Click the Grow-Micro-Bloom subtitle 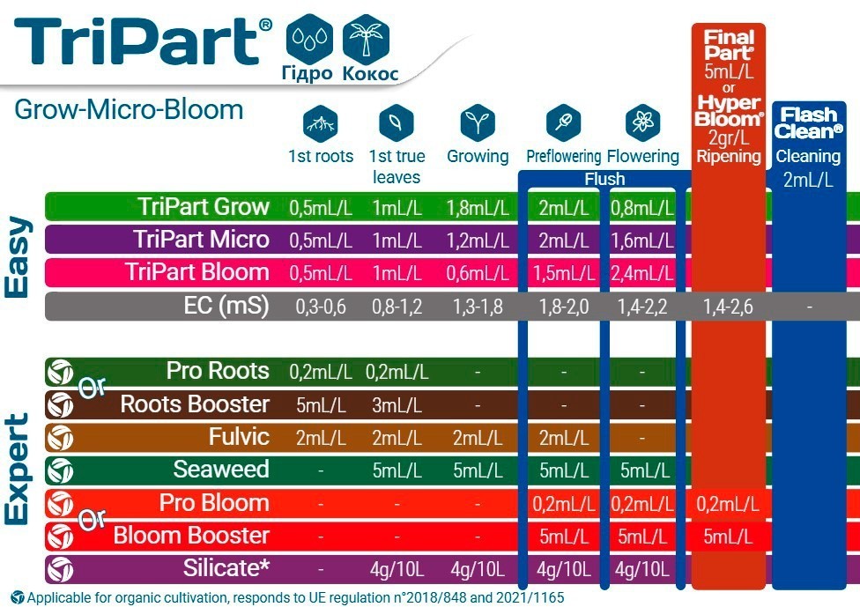pos(129,109)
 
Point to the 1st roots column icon pos(321,123)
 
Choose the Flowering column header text pos(643,156)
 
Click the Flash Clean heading pos(808,123)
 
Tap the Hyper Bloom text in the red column pos(729,111)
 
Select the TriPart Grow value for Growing pos(478,208)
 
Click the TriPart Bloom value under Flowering pos(641,273)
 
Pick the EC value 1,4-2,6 pos(728,307)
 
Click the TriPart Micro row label pos(201,240)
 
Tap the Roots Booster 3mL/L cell pos(397,405)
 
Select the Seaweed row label pos(221,470)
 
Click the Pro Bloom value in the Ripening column pos(728,504)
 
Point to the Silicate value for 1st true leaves pos(397,570)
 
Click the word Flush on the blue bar pos(604,179)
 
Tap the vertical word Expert pos(17,470)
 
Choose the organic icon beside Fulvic pos(60,438)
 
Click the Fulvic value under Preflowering pos(563,438)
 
